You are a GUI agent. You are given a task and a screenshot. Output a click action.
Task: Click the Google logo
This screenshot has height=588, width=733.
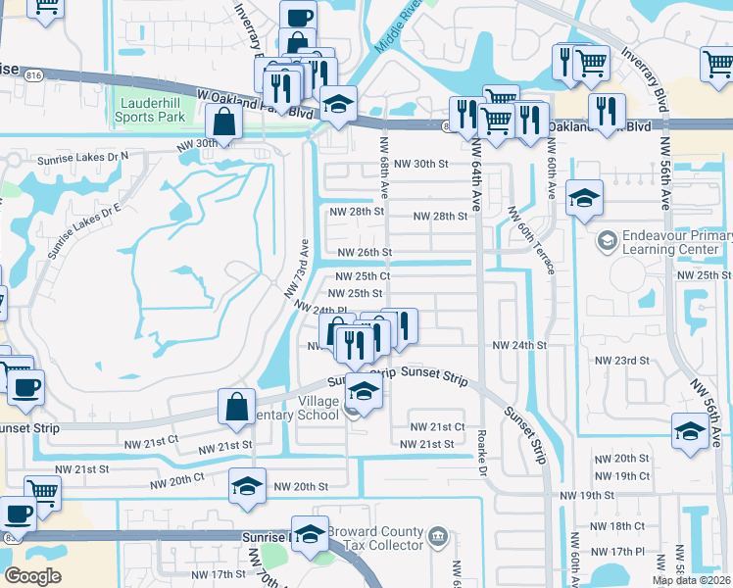click(32, 575)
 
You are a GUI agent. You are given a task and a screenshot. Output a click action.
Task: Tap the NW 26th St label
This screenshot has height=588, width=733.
click(365, 253)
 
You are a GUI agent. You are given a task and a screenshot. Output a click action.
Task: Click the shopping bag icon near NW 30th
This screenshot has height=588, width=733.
click(224, 122)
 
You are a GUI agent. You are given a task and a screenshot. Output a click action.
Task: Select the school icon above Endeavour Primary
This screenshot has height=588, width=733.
click(585, 199)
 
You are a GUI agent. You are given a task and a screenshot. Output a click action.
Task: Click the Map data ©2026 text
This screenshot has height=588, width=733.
click(692, 580)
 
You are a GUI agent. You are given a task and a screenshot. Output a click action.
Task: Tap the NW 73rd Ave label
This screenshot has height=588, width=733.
click(297, 267)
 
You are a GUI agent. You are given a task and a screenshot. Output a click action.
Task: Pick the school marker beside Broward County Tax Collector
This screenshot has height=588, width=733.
click(310, 534)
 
